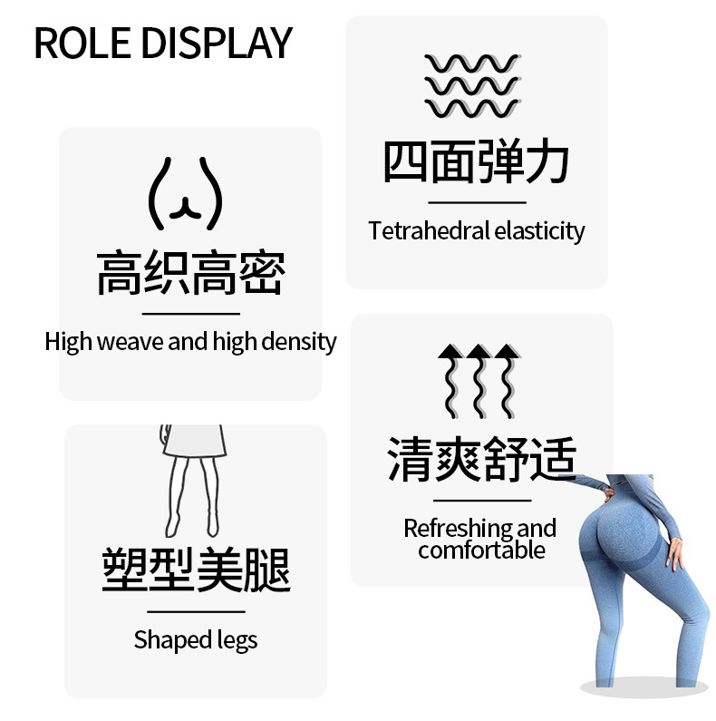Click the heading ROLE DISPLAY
pos(163,43)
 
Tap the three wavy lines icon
pos(472,86)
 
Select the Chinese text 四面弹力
pos(477,163)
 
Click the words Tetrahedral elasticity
pos(477,230)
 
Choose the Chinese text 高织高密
pos(190,274)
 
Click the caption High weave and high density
pos(190,342)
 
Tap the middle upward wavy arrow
pos(479,381)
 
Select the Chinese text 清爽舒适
pos(481,459)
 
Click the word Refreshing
pos(456,528)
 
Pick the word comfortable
pos(481,550)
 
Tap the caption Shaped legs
pos(196,639)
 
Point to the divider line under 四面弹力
pos(477,202)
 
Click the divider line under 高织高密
pos(190,314)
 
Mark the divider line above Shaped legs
pos(196,612)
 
